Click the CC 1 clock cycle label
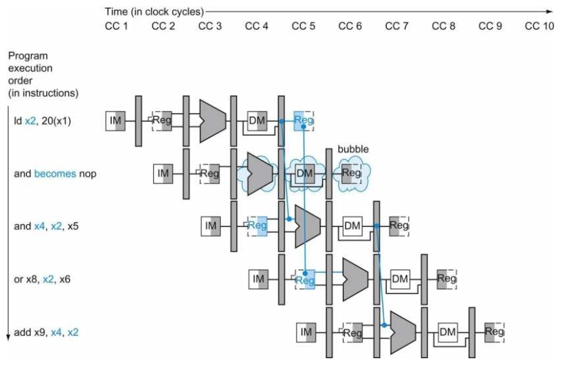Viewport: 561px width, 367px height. coord(117,26)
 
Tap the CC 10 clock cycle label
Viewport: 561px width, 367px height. coord(539,26)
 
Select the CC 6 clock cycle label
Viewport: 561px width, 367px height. coord(350,26)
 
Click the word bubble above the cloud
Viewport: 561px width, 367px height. coord(353,149)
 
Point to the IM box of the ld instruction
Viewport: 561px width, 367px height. coord(115,121)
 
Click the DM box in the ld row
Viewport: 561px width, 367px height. coord(257,121)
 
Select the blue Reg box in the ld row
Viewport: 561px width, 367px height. coord(304,121)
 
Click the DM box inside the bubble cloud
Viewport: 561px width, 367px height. coord(304,173)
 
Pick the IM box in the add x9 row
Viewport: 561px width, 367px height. coord(306,332)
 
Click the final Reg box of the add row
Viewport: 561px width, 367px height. coord(495,332)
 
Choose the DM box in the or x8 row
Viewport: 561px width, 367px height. coord(400,279)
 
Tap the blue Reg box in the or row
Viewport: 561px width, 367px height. coord(305,279)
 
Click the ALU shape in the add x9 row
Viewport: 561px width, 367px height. coord(403,332)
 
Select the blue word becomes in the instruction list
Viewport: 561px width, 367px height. coord(55,174)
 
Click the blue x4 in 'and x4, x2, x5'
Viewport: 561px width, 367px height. coord(40,226)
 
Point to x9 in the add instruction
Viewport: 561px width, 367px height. coord(40,332)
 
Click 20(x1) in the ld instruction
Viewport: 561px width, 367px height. coord(56,121)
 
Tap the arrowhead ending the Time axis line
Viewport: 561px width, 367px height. coord(551,12)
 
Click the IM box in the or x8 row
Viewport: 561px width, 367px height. coord(258,279)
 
